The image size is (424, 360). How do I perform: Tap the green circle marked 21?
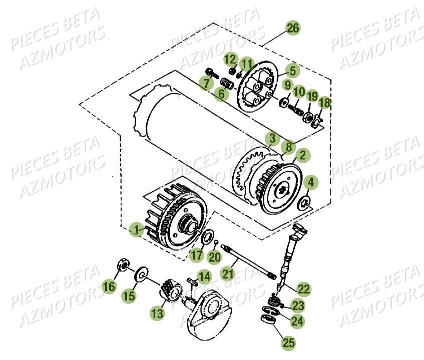click(228, 273)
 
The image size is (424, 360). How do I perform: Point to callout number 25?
click(288, 342)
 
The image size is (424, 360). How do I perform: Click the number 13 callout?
click(157, 313)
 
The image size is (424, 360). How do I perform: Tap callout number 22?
click(303, 288)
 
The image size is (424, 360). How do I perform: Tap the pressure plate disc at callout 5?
click(255, 87)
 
